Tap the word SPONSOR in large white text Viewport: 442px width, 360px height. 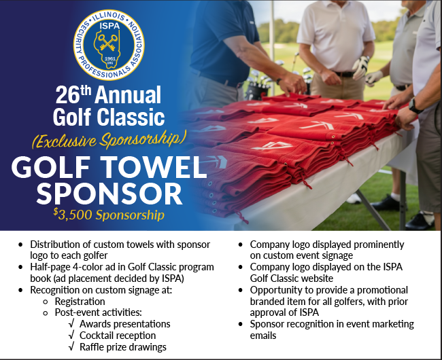pyautogui.click(x=109, y=194)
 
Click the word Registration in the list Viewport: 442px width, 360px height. pyautogui.click(x=80, y=301)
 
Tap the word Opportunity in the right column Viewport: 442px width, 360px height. pyautogui.click(x=275, y=289)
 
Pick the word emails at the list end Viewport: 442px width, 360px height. pyautogui.click(x=265, y=336)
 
